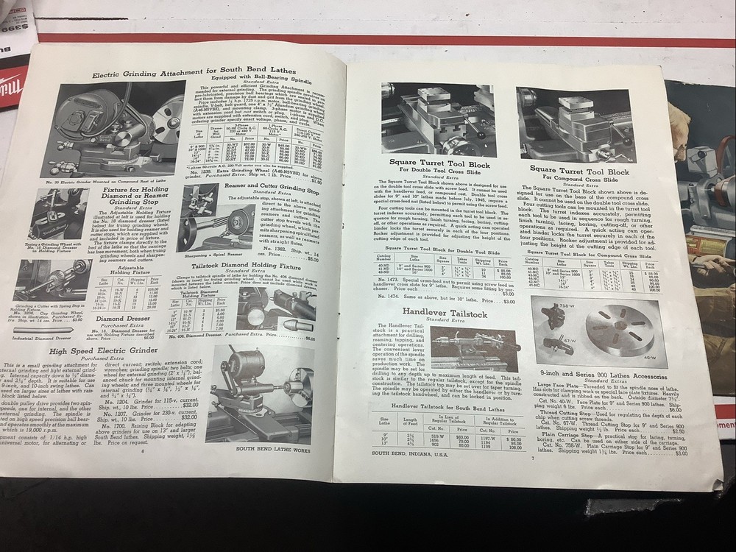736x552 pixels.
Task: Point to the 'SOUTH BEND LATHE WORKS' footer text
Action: coord(272,447)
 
